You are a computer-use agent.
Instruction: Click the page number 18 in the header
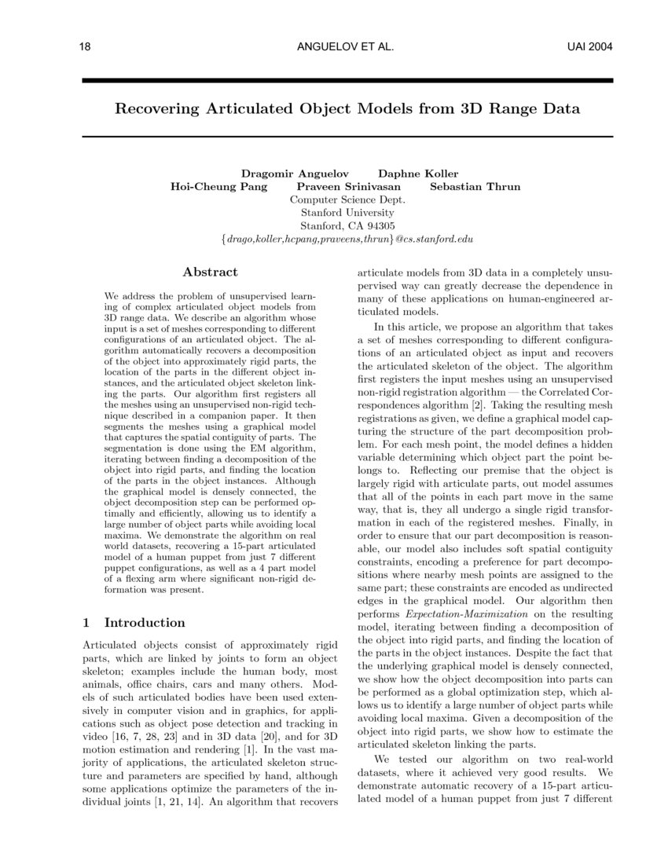[x=86, y=48]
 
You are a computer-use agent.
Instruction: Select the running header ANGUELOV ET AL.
[x=345, y=48]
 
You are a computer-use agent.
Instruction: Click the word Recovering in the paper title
[x=160, y=108]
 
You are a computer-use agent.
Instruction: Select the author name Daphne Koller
[x=418, y=173]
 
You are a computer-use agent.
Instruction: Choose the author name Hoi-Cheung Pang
[x=218, y=187]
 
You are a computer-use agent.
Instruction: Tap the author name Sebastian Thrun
[x=475, y=187]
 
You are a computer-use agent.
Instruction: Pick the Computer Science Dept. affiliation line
[x=347, y=200]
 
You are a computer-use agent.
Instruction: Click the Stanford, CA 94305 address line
[x=347, y=225]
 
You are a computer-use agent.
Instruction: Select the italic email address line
[x=347, y=239]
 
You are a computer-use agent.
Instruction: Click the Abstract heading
[x=210, y=272]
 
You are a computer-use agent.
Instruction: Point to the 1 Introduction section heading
[x=134, y=623]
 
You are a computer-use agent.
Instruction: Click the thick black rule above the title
[x=347, y=81]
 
